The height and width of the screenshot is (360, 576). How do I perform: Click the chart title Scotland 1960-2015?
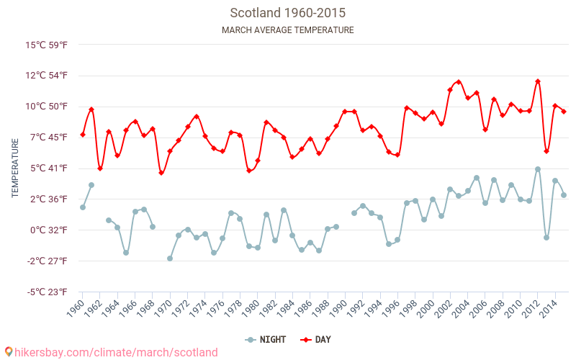(287, 13)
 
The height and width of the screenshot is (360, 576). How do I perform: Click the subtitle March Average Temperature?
(287, 30)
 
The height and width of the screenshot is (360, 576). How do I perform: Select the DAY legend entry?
(315, 339)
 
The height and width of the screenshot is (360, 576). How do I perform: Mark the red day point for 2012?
(538, 81)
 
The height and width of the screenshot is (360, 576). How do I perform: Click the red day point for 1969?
(161, 173)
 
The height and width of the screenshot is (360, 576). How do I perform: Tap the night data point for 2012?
(538, 169)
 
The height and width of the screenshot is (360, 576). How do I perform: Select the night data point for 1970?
(170, 258)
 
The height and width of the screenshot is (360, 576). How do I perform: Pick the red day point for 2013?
(546, 151)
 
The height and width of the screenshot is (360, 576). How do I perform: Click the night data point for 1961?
(91, 185)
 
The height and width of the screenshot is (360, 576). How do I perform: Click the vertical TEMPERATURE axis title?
(15, 168)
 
